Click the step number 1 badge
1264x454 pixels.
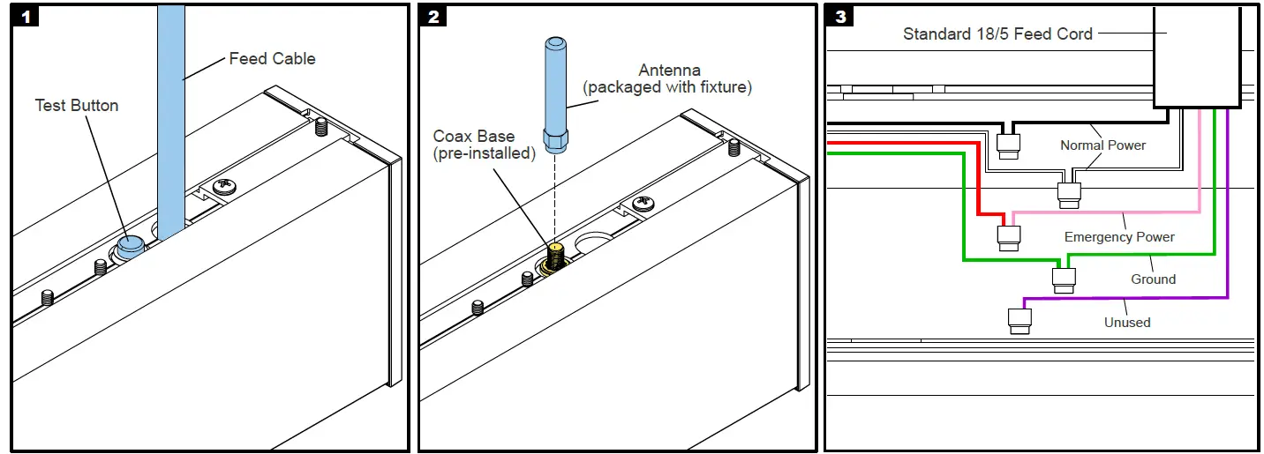point(26,17)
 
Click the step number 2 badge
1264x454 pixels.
point(433,17)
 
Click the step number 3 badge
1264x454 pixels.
point(840,17)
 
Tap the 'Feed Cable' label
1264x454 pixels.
point(272,59)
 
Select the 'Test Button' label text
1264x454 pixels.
point(77,106)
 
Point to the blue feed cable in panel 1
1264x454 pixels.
point(170,115)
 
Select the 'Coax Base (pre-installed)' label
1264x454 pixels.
point(484,145)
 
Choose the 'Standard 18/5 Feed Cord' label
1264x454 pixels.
point(997,34)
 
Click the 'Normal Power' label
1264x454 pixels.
point(1102,145)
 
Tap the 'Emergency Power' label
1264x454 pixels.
point(1119,237)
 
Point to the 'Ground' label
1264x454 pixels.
point(1153,279)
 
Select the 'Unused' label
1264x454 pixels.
point(1127,323)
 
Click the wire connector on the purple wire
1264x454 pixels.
point(1020,320)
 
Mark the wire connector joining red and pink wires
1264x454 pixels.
point(1008,236)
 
